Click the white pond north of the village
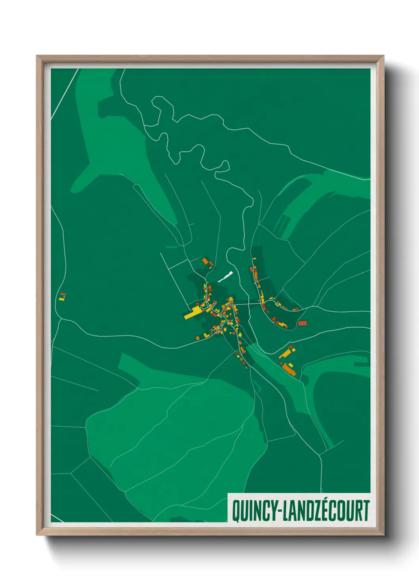pos(225,276)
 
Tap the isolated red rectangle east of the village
pos(302,323)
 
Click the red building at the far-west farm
pos(63,294)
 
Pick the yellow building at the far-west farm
pos(62,299)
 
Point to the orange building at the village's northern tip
pos(205,261)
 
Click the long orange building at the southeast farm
pos(289,369)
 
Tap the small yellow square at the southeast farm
pos(291,365)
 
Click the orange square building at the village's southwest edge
pos(198,338)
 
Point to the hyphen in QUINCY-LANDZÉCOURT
pos(278,512)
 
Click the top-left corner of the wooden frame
pos(37,56)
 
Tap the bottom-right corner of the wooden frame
pos(383,535)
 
